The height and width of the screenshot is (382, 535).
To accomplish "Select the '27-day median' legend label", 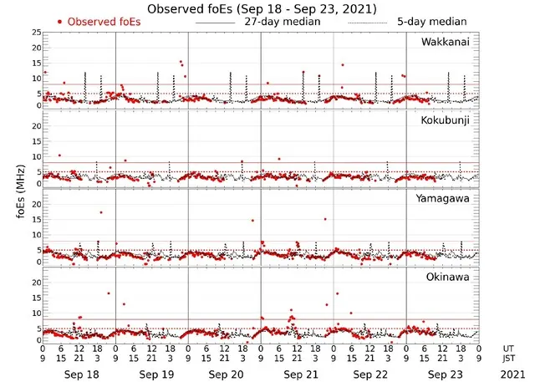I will [281, 21].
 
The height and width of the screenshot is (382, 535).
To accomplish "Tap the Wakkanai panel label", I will [446, 41].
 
